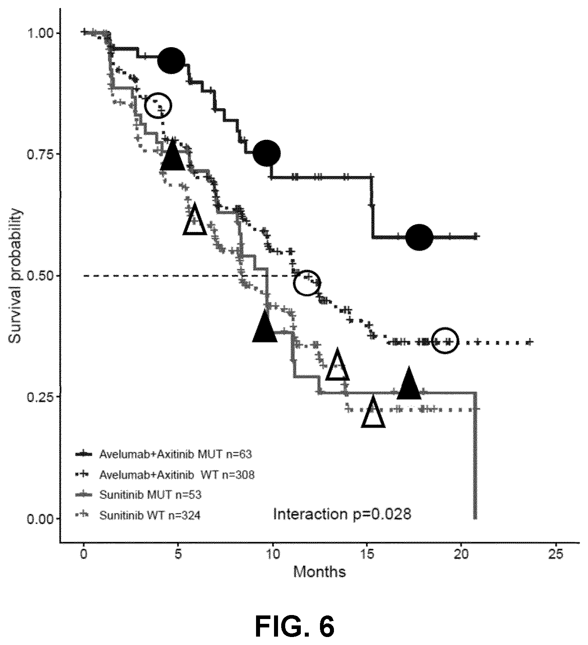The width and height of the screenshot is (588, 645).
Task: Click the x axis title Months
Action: (x=320, y=572)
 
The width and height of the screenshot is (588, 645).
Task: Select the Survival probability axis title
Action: (x=16, y=276)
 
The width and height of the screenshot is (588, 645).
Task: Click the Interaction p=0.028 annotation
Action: (x=342, y=514)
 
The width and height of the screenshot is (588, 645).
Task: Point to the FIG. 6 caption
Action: (x=294, y=626)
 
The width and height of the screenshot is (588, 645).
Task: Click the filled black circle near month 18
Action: (x=419, y=237)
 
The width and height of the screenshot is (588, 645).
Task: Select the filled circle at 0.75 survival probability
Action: (x=267, y=153)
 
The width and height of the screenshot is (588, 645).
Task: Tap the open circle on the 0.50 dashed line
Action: (x=307, y=283)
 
